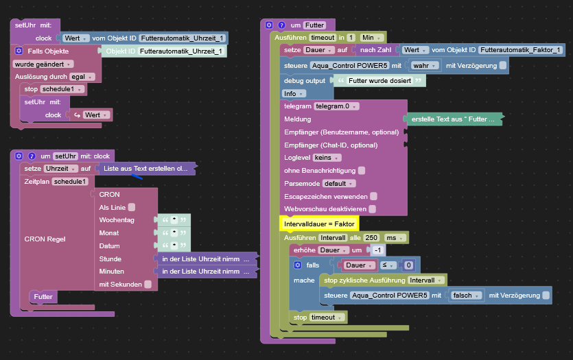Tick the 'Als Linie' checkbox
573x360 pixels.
coord(132,207)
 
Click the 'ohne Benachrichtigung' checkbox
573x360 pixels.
coord(362,170)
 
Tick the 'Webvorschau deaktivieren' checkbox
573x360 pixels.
coord(373,209)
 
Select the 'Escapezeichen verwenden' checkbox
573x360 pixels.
coord(373,196)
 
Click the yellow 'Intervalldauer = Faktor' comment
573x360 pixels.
coord(318,224)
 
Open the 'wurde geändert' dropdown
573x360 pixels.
coord(43,64)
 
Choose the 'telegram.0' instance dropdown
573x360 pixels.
coord(336,106)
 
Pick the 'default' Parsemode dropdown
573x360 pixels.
coord(339,184)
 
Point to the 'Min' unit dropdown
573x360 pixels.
coord(373,37)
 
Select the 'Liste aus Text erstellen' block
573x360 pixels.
coord(145,168)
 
